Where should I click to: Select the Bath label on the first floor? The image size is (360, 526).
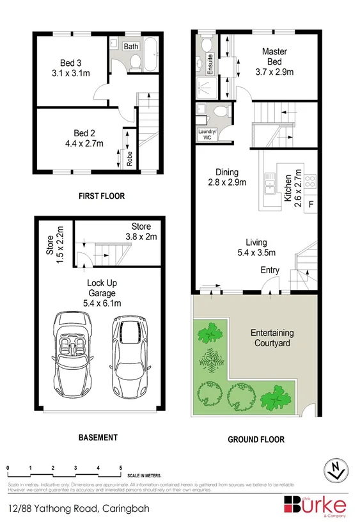click(131, 47)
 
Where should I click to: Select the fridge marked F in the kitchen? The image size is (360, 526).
click(311, 205)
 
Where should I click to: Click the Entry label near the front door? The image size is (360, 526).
click(270, 271)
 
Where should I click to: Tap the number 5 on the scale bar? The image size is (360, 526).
click(121, 468)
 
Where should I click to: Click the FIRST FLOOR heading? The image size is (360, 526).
click(101, 196)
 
